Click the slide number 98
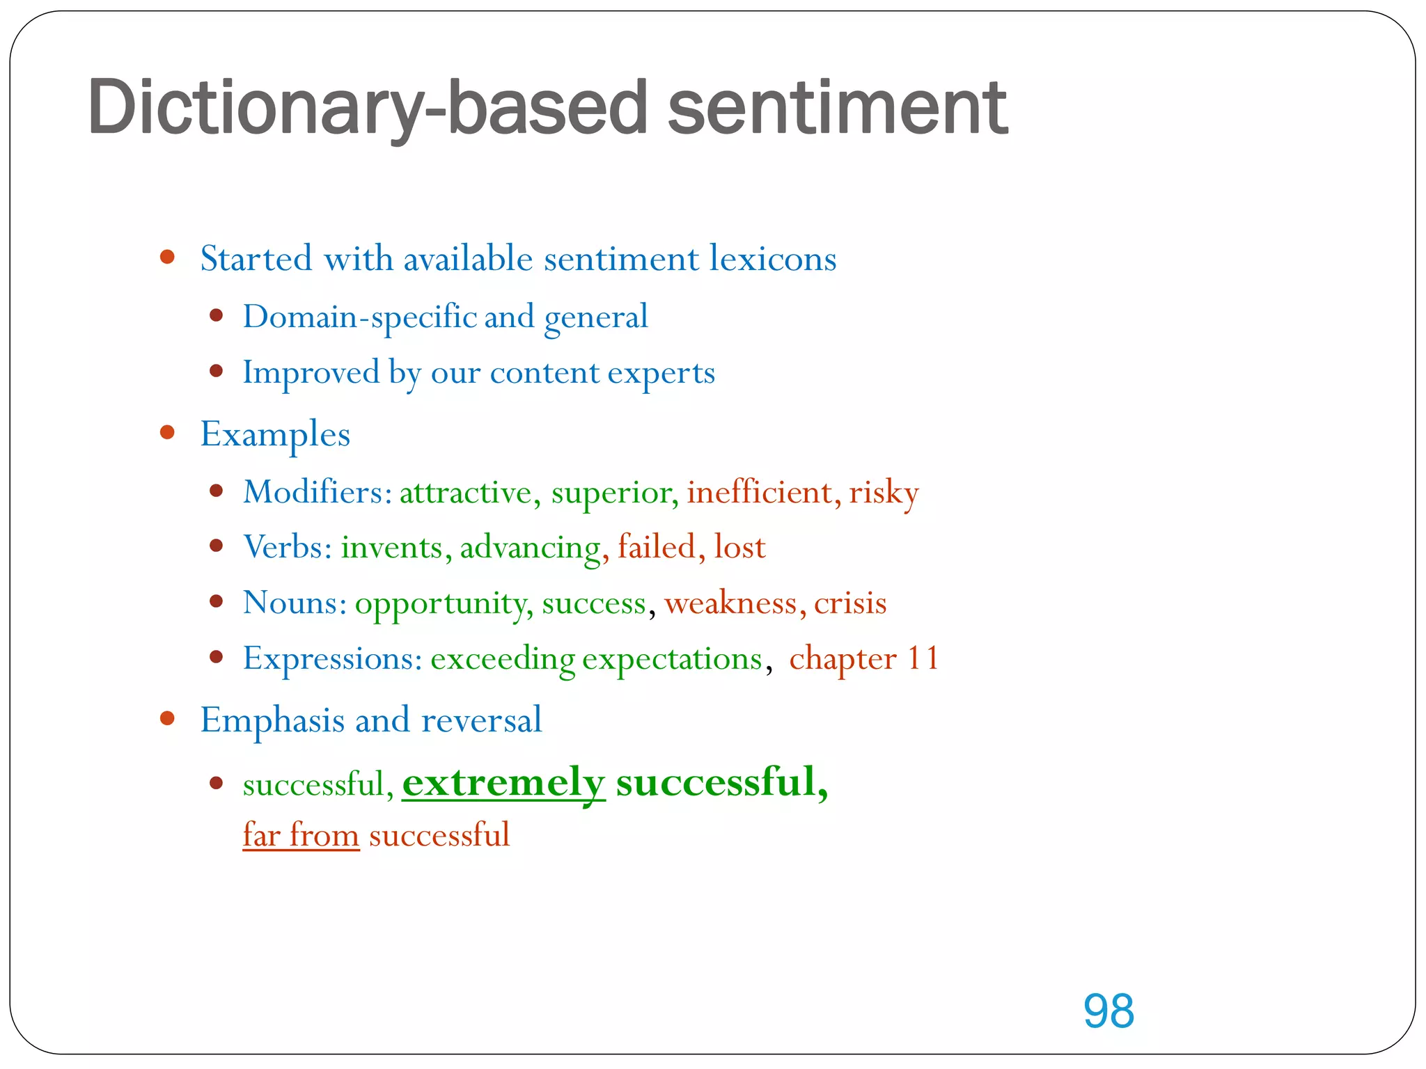(1108, 1011)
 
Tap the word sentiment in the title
(837, 108)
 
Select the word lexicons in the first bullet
(773, 259)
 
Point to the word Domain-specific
(359, 317)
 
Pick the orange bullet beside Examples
(167, 433)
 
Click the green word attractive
(465, 493)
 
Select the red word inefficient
(759, 493)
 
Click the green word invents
(391, 548)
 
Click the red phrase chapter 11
(863, 658)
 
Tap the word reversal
(481, 720)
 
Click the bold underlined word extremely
(503, 783)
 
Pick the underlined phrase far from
(301, 835)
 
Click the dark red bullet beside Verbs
(217, 546)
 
